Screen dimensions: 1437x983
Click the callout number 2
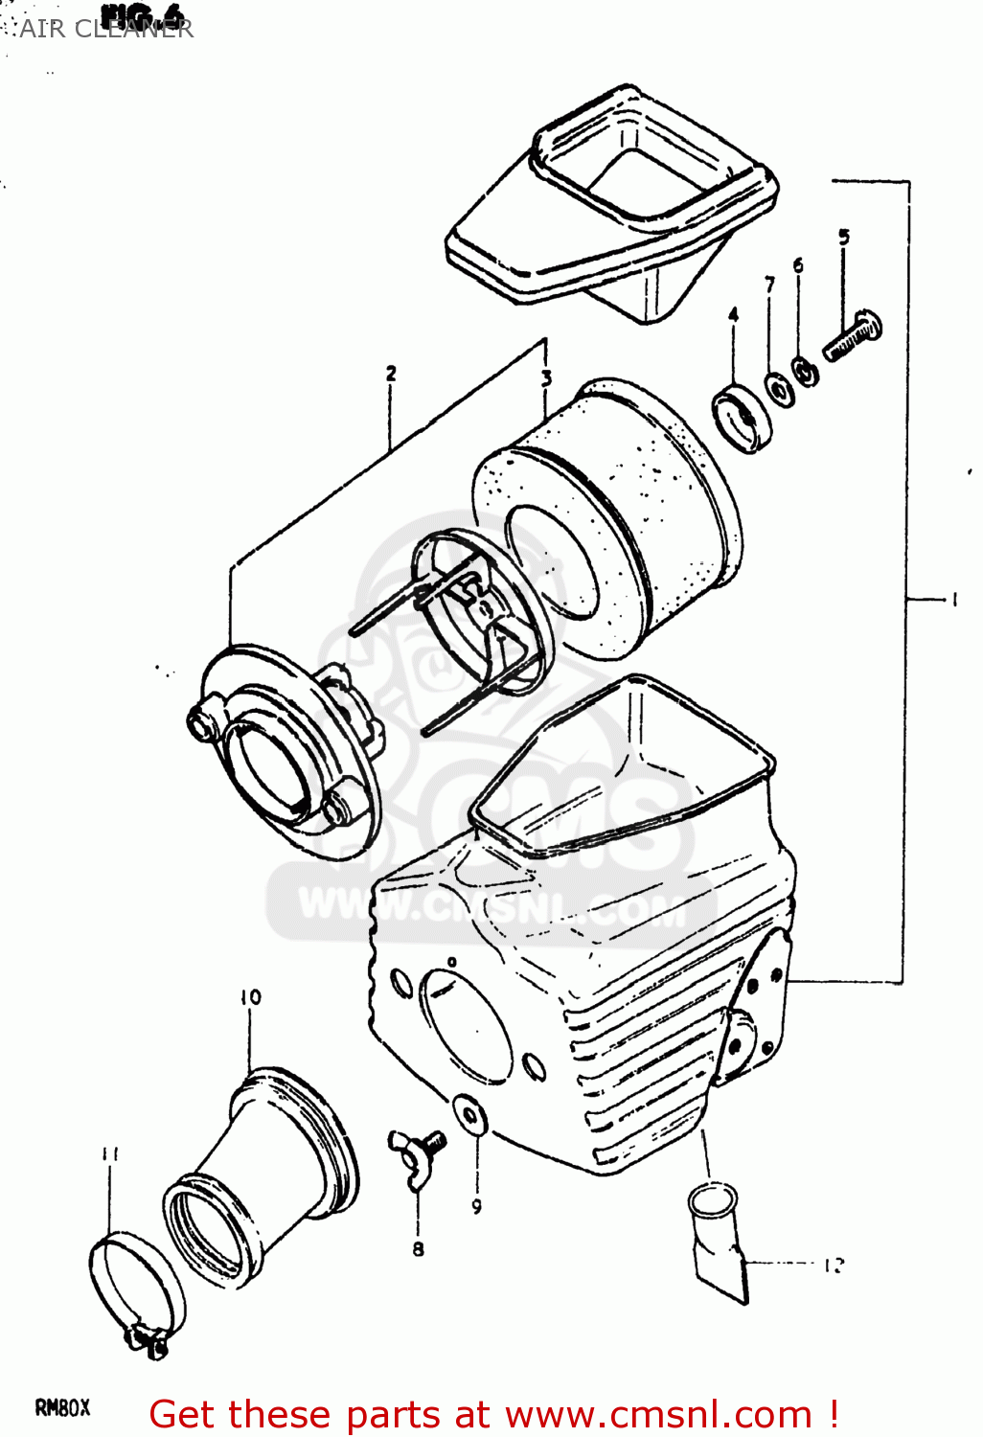pos(391,374)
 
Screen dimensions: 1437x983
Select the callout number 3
pos(546,377)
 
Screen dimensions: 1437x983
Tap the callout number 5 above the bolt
pos(843,237)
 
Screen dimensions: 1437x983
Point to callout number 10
pos(250,997)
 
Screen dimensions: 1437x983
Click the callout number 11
pos(110,1154)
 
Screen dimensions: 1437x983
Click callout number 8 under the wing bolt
pos(418,1248)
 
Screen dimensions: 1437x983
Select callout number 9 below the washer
pos(476,1206)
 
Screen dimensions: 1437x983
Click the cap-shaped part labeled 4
pos(742,415)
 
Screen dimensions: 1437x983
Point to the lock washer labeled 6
pos(805,371)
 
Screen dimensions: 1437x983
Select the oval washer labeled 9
pos(469,1115)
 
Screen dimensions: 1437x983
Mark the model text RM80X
pos(62,1407)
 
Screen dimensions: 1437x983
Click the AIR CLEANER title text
pos(106,28)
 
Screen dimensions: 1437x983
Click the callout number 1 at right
pos(953,600)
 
